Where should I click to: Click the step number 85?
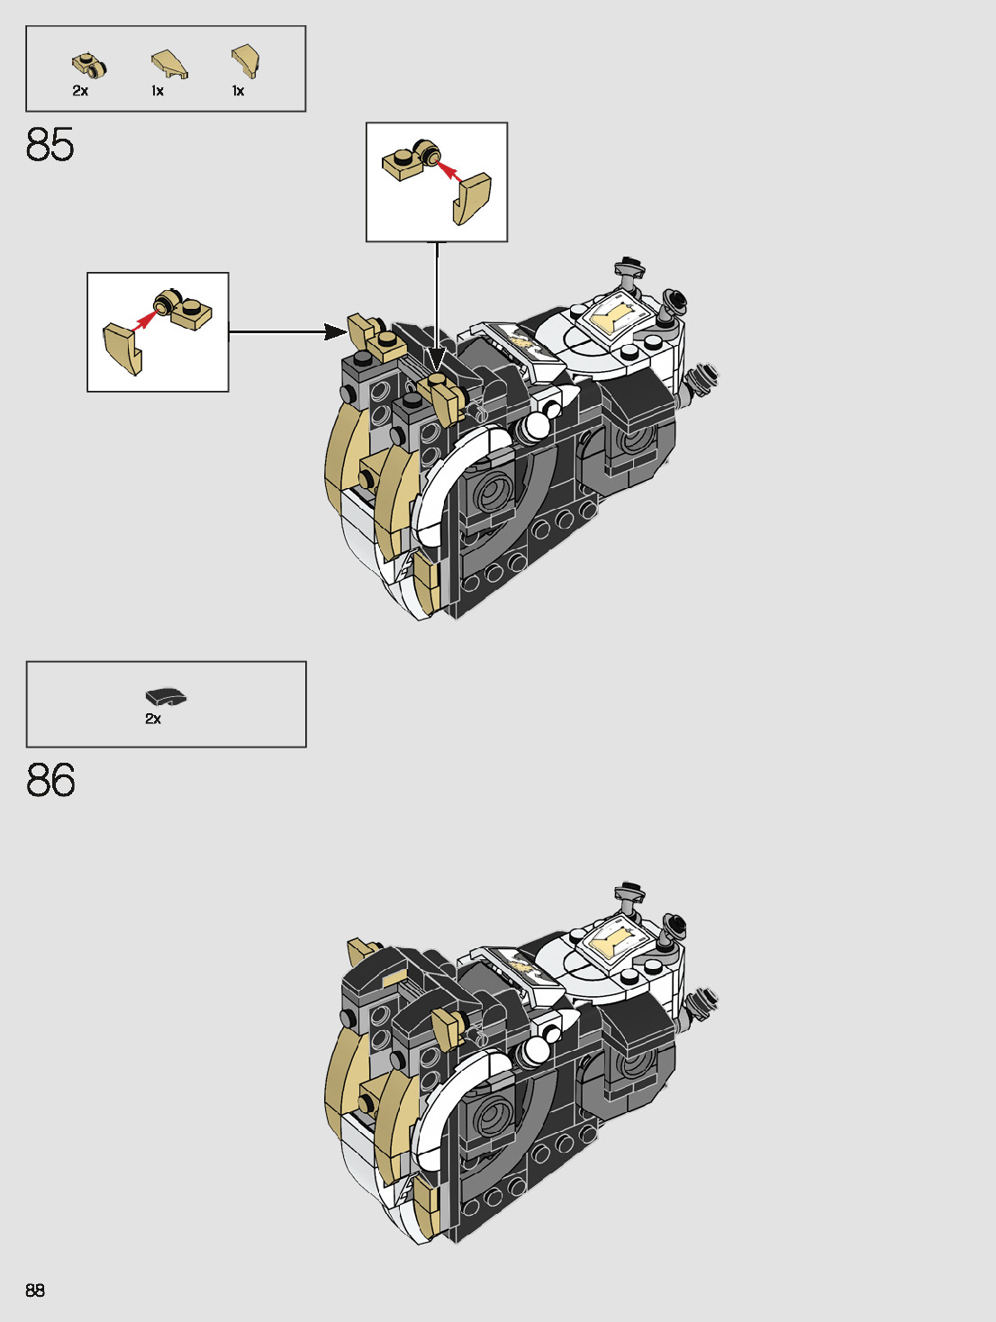50,144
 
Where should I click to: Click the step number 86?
50,780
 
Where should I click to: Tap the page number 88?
35,1290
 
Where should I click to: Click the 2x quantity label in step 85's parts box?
80,91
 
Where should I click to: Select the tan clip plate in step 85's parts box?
89,64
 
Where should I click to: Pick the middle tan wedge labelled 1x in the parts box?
168,63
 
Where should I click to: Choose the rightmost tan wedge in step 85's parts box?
245,60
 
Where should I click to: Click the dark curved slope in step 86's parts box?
166,696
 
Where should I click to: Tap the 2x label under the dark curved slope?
153,719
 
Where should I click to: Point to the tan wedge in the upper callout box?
472,198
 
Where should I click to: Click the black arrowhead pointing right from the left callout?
335,332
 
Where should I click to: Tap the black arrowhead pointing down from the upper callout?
437,361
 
